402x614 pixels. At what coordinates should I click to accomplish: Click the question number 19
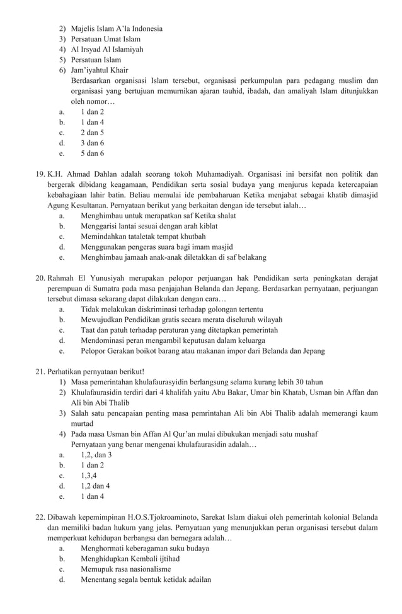40,174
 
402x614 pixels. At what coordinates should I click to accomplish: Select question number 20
40,278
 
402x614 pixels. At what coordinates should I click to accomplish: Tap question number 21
40,372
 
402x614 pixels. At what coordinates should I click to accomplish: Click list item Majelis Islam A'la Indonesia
117,28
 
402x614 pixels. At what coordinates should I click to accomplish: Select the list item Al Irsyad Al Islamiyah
107,49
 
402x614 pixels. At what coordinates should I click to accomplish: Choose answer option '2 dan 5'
93,133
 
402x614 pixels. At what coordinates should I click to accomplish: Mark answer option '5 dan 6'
93,153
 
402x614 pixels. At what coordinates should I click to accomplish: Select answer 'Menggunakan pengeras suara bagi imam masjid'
157,247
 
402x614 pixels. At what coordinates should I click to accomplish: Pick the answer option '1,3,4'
89,476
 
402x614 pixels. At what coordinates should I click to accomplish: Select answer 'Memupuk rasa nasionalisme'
126,569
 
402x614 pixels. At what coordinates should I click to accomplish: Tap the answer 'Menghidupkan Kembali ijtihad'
130,559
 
